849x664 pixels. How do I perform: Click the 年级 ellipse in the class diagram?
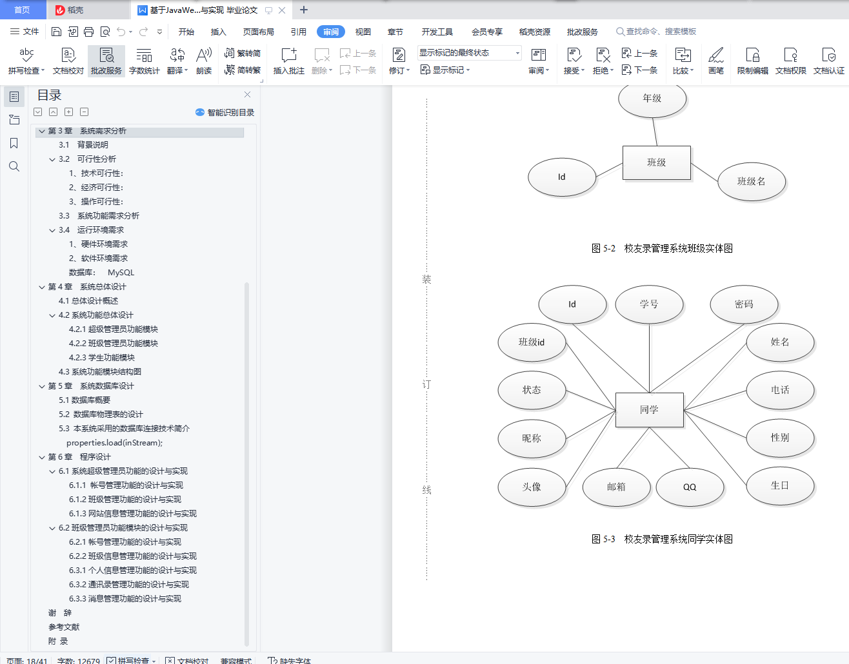click(x=652, y=99)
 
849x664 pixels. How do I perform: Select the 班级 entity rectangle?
click(x=656, y=162)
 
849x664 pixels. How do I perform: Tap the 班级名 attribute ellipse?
click(x=751, y=182)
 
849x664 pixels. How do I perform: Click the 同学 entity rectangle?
click(x=649, y=410)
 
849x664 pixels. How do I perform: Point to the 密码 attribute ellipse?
click(x=743, y=304)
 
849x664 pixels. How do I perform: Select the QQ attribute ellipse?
click(x=690, y=487)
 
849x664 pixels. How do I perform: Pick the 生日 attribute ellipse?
click(x=779, y=485)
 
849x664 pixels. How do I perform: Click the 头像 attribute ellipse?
click(x=532, y=487)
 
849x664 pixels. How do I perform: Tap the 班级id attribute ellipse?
click(x=532, y=342)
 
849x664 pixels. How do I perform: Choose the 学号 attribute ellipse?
click(x=649, y=304)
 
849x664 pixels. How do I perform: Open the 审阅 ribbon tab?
click(x=331, y=32)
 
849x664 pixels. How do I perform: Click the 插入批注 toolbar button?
click(x=288, y=61)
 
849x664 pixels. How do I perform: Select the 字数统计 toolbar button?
click(x=144, y=61)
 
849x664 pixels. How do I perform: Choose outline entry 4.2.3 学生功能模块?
click(x=101, y=357)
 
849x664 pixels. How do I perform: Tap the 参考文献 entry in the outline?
click(x=64, y=627)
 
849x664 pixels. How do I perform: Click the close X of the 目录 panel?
click(x=247, y=95)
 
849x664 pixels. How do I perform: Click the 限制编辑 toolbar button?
click(x=752, y=61)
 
